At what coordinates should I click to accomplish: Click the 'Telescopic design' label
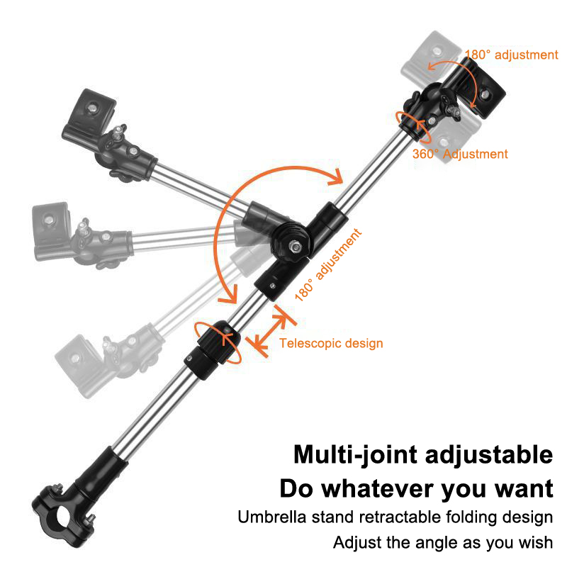[x=331, y=343]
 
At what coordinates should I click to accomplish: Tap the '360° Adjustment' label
[x=460, y=154]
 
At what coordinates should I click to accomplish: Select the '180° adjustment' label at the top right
[x=511, y=55]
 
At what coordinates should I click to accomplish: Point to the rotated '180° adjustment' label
[x=328, y=264]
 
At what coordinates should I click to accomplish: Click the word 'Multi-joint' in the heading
[x=355, y=454]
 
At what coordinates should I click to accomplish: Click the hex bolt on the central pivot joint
[x=296, y=247]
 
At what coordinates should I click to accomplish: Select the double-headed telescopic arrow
[x=271, y=332]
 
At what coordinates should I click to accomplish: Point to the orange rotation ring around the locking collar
[x=217, y=342]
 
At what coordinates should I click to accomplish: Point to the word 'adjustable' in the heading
[x=489, y=454]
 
